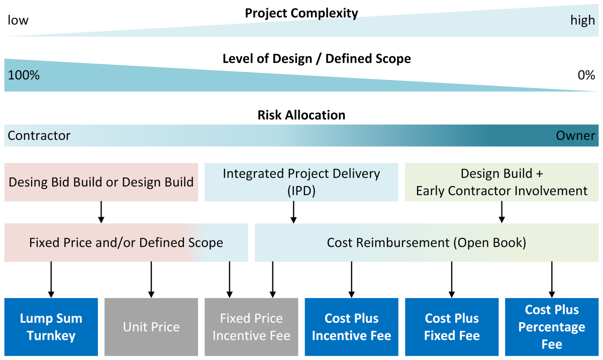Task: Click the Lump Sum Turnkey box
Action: [x=51, y=327]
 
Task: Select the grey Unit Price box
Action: [x=151, y=327]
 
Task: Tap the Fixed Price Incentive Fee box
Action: [x=251, y=327]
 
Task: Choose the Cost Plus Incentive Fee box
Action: [x=351, y=327]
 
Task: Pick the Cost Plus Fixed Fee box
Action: [x=452, y=327]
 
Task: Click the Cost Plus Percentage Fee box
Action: [x=552, y=327]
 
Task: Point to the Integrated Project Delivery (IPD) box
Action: [x=301, y=182]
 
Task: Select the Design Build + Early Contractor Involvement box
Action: [x=501, y=182]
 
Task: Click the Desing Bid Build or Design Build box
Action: [x=101, y=182]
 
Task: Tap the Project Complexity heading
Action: [x=301, y=13]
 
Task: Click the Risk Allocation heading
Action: [x=301, y=115]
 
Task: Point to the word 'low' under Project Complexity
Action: [x=18, y=21]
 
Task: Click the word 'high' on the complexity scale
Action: [x=582, y=21]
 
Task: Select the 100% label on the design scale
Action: [x=24, y=75]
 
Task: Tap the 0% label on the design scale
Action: [x=586, y=75]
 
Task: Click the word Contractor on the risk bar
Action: [x=39, y=136]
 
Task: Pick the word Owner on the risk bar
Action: [x=575, y=136]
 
